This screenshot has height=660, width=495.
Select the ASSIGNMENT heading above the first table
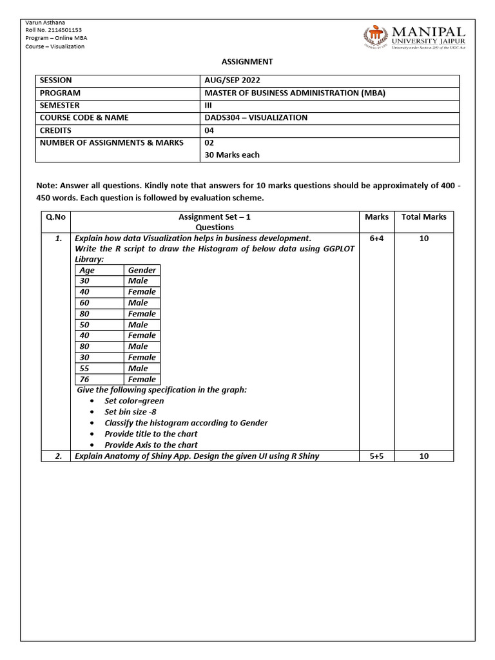[247, 62]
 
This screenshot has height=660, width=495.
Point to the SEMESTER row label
[60, 105]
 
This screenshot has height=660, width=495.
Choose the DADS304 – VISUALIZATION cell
[256, 117]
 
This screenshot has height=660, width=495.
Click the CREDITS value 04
[209, 130]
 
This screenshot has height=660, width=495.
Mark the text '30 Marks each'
[232, 155]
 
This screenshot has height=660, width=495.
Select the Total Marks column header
[423, 217]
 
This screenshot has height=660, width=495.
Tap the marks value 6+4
[376, 238]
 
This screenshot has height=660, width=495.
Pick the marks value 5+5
[376, 456]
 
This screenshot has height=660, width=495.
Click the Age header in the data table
[87, 271]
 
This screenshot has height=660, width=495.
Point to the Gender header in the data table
[142, 271]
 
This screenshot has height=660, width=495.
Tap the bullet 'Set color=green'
[134, 401]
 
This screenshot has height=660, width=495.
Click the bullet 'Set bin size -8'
[130, 412]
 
